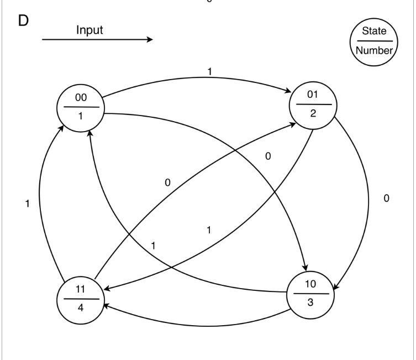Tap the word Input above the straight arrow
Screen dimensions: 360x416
point(89,30)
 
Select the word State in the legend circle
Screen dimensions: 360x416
point(374,31)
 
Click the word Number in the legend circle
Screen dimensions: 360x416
point(374,50)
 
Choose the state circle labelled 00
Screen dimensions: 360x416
point(81,108)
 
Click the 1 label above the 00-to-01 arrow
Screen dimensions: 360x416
point(209,71)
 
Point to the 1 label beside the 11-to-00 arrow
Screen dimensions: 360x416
point(27,204)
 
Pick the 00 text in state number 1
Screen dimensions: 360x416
point(81,98)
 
